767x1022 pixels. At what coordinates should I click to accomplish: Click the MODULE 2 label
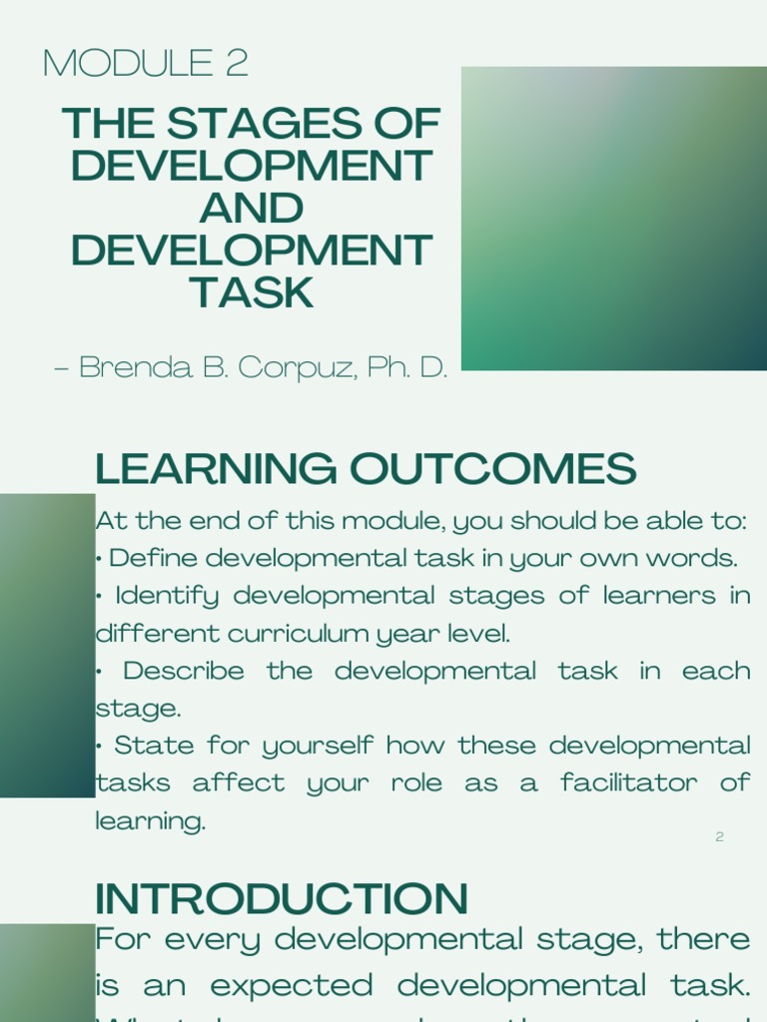[x=146, y=64]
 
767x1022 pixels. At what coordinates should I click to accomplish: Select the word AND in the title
[x=251, y=209]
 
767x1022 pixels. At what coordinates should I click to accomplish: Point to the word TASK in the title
[x=251, y=292]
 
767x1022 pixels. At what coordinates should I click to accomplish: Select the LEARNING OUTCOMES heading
[x=365, y=468]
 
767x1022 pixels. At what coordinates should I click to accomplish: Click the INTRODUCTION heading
[x=281, y=898]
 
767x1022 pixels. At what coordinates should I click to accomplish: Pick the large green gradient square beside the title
[x=613, y=219]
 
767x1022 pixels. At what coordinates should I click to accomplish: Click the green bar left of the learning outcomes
[x=47, y=645]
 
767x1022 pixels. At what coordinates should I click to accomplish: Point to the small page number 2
[x=719, y=836]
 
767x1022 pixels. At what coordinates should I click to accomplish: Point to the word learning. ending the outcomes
[x=150, y=821]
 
